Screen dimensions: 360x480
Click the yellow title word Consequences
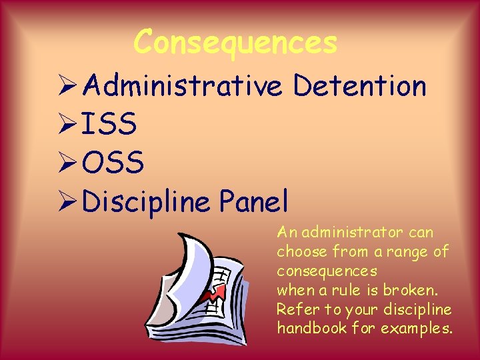[235, 43]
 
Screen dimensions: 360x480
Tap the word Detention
[359, 86]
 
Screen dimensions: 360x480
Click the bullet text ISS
[110, 124]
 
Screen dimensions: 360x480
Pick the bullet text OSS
[113, 162]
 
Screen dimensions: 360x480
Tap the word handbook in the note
[307, 329]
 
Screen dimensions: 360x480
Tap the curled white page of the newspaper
[193, 260]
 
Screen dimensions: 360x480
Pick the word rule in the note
[341, 291]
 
